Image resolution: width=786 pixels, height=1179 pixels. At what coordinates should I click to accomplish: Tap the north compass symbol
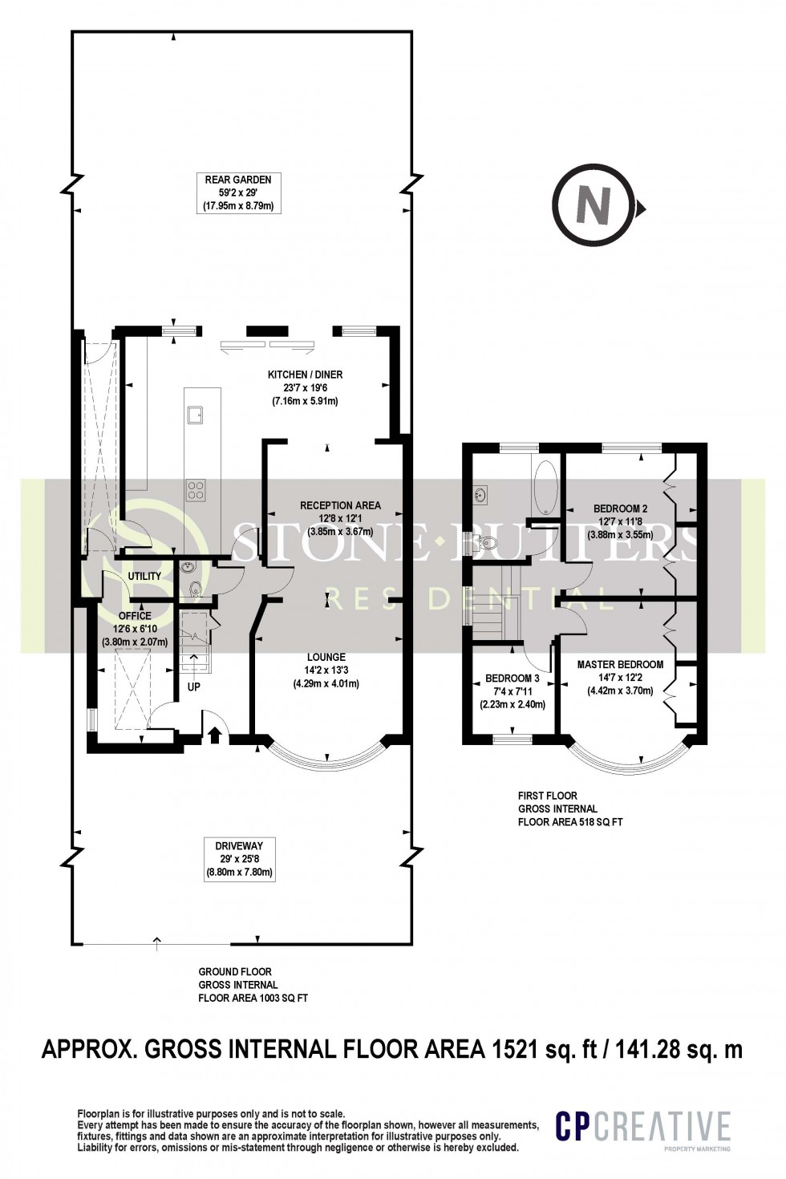594,207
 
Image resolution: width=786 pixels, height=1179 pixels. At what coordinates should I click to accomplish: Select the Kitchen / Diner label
305,387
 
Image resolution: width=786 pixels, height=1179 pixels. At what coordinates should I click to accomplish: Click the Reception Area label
340,518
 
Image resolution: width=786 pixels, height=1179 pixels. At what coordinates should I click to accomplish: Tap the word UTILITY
144,576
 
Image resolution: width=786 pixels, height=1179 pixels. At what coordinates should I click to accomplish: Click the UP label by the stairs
194,687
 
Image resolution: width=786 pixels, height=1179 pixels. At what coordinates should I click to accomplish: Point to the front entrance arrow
214,734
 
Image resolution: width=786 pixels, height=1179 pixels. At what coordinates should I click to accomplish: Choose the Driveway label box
239,859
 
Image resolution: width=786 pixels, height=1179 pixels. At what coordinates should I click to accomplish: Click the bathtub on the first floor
545,487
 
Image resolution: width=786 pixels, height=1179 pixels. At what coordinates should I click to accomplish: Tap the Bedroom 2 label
620,521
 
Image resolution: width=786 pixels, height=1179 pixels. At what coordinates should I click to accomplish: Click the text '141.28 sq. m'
675,1049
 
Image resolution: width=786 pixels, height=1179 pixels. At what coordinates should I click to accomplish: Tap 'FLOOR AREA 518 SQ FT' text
570,821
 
